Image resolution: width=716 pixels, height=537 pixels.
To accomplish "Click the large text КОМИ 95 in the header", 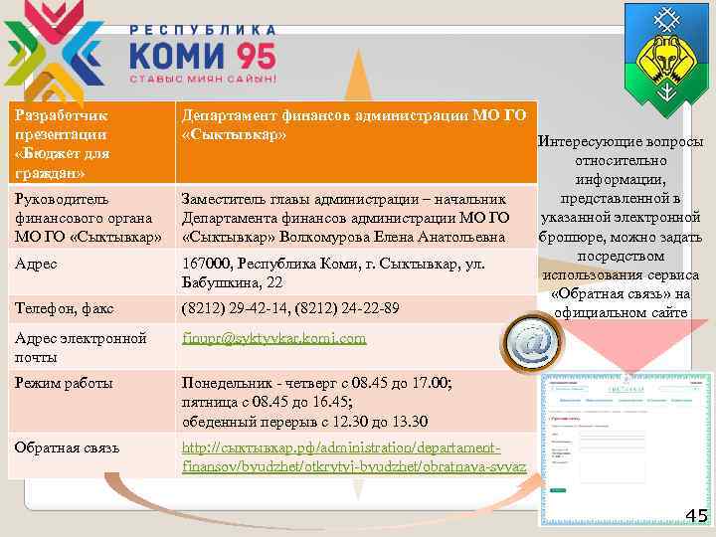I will click(x=203, y=50).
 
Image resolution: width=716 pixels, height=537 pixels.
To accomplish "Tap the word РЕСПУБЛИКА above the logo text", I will click(x=203, y=17).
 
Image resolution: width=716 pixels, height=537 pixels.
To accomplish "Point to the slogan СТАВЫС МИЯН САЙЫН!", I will click(x=203, y=78).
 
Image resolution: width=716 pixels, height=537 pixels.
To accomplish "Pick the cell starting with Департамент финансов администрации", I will click(x=354, y=125).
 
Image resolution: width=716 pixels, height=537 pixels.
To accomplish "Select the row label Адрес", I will click(x=36, y=265).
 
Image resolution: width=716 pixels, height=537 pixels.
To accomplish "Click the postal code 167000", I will click(x=206, y=265).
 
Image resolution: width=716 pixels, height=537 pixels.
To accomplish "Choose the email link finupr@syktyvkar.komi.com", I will click(x=274, y=339).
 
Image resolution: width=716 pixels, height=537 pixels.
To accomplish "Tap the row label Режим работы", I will click(x=64, y=383).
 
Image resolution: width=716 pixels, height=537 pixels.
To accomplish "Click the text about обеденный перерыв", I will click(x=304, y=420).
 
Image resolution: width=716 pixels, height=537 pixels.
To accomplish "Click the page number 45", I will click(x=696, y=515).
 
